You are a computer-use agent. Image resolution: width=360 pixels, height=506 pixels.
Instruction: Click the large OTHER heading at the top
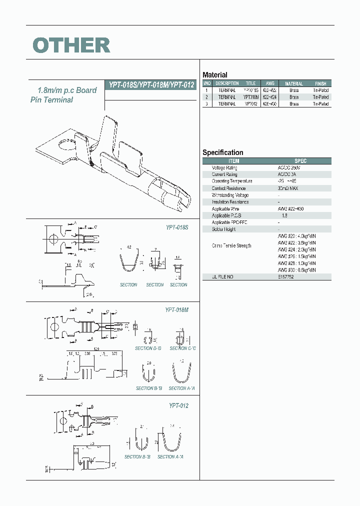pyautogui.click(x=71, y=45)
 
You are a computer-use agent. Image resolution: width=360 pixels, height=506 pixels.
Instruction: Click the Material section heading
pyautogui.click(x=214, y=75)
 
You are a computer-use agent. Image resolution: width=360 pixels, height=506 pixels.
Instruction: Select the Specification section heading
pyautogui.click(x=222, y=152)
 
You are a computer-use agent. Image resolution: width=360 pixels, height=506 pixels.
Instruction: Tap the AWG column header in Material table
pyautogui.click(x=270, y=83)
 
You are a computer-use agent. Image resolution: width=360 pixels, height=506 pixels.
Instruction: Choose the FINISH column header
pyautogui.click(x=320, y=83)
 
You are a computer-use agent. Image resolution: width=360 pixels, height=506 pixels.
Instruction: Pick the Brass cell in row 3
pyautogui.click(x=294, y=104)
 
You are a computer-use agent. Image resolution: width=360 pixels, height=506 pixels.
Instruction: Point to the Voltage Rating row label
pyautogui.click(x=225, y=168)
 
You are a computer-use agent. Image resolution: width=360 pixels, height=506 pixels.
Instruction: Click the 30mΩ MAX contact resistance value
pyautogui.click(x=288, y=188)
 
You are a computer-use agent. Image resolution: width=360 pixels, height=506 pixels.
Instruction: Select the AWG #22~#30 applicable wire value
pyautogui.click(x=290, y=208)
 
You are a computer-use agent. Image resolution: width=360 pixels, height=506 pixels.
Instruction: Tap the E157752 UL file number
pyautogui.click(x=285, y=276)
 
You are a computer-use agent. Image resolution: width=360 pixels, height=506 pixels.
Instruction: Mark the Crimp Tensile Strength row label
pyautogui.click(x=231, y=245)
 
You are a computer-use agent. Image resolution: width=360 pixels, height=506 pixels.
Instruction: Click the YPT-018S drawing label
pyautogui.click(x=177, y=227)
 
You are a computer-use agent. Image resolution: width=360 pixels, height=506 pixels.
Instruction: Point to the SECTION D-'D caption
pyautogui.click(x=148, y=348)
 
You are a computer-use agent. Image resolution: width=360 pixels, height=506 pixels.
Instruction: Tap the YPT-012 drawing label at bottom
pyautogui.click(x=178, y=406)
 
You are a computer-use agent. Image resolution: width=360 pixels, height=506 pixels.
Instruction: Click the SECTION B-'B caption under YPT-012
pyautogui.click(x=136, y=456)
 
